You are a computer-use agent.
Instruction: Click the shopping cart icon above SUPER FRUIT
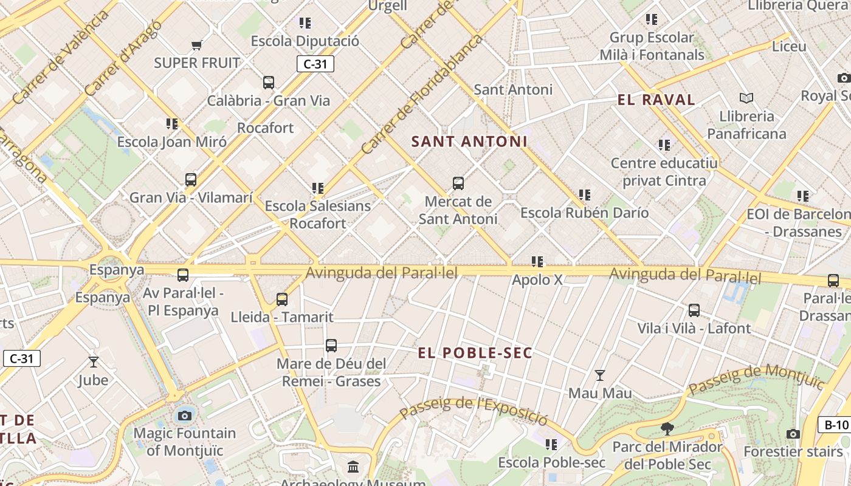[x=196, y=45]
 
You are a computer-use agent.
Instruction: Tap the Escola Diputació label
[x=305, y=41]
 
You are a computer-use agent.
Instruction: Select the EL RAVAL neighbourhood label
[x=656, y=100]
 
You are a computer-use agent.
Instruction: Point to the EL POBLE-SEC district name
[x=475, y=353]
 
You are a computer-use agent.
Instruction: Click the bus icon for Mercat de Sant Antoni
[x=458, y=183]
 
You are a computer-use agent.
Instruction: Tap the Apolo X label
[x=537, y=280]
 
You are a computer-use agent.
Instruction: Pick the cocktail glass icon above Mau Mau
[x=600, y=375]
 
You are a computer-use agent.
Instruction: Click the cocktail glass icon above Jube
[x=93, y=362]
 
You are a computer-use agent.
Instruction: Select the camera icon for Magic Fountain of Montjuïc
[x=185, y=416]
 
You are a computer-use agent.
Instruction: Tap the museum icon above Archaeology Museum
[x=353, y=467]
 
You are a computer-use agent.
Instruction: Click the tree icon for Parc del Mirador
[x=667, y=429]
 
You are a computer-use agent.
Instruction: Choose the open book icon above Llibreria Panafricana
[x=746, y=98]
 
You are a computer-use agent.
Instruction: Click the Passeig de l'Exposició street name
[x=474, y=411]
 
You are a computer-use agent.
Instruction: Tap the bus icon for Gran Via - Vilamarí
[x=191, y=180]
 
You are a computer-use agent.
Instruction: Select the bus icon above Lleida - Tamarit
[x=282, y=299]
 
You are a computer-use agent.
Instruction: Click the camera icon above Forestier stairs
[x=793, y=434]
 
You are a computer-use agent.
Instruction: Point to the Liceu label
[x=789, y=46]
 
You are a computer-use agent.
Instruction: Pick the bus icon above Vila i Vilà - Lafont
[x=694, y=310]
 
